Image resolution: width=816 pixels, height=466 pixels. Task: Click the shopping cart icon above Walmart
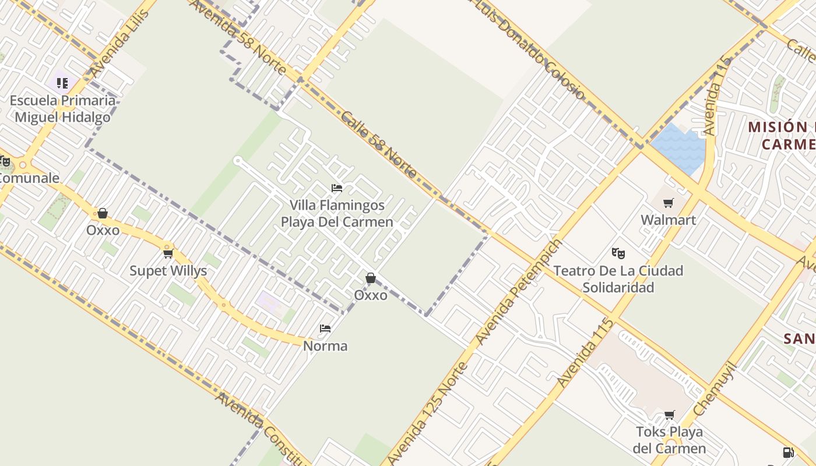[x=668, y=203]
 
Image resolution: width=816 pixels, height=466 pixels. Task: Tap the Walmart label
[x=668, y=220]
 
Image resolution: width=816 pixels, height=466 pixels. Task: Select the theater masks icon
[x=618, y=253]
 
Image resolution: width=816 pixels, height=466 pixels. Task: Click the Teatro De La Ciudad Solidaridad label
[x=618, y=279]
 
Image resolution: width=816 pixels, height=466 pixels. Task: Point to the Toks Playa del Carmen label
[x=669, y=440]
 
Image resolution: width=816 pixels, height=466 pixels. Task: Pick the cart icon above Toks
[x=670, y=415]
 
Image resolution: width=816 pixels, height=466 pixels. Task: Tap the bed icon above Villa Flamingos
[x=337, y=188]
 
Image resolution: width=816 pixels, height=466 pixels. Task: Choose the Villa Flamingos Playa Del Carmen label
[x=337, y=214]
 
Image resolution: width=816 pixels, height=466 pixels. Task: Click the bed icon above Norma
[x=325, y=329]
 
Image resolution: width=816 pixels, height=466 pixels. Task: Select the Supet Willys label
[x=168, y=271]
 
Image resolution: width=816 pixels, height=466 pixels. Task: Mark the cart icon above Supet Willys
[x=168, y=253]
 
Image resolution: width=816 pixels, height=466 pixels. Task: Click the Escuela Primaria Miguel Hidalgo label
[x=62, y=109]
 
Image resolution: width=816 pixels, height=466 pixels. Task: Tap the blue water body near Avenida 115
[x=679, y=149]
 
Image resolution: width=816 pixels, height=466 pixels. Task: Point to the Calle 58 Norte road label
[x=379, y=145]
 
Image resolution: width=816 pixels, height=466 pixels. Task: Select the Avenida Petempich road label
[x=519, y=291]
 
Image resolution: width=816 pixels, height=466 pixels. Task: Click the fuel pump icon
[x=788, y=453]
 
